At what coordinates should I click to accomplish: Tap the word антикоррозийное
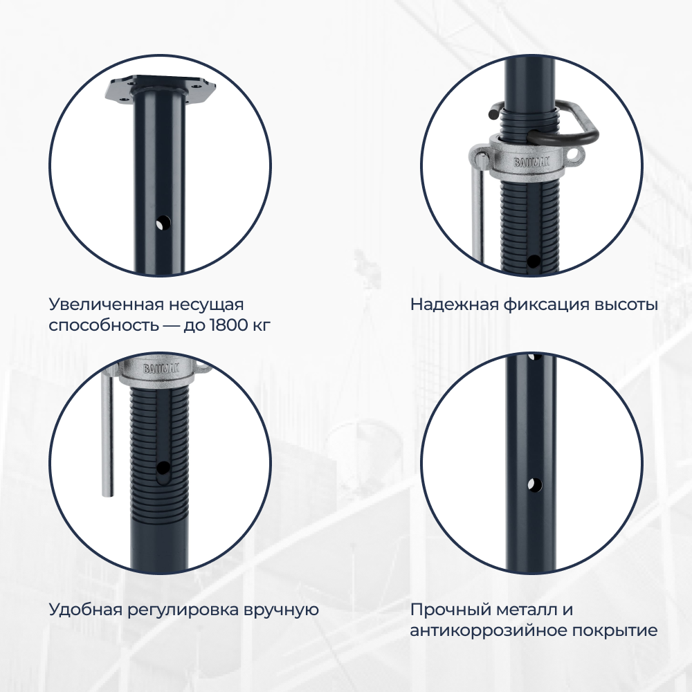pyautogui.click(x=486, y=630)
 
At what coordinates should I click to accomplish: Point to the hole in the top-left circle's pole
pyautogui.click(x=163, y=223)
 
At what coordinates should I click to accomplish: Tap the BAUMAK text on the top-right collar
pyautogui.click(x=531, y=163)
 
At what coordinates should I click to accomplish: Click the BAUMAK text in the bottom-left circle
pyautogui.click(x=161, y=368)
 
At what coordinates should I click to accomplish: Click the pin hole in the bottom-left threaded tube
pyautogui.click(x=163, y=467)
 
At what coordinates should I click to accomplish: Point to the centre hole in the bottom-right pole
pyautogui.click(x=534, y=484)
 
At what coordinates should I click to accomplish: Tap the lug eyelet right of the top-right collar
pyautogui.click(x=573, y=155)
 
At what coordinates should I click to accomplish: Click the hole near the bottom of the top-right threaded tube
pyautogui.click(x=534, y=262)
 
